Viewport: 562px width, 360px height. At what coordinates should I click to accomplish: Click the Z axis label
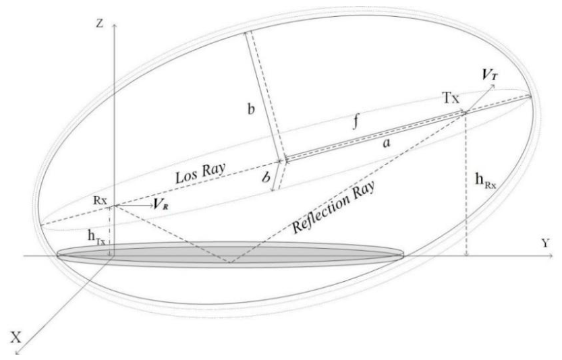coord(100,24)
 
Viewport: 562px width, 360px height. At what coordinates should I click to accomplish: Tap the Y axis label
coord(545,244)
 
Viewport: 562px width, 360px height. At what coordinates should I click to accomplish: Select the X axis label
coord(16,338)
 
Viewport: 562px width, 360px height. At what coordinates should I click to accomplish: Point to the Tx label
coord(451,98)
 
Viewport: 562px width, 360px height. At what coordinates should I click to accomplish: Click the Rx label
coord(100,200)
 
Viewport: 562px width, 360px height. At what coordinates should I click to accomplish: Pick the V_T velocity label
coord(490,75)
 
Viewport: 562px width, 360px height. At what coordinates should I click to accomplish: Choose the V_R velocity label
coord(160,204)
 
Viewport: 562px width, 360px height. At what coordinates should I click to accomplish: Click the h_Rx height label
coord(486,180)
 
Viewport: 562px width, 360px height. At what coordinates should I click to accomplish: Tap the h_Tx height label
coord(96,237)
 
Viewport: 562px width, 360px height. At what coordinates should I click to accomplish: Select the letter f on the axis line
coord(356,123)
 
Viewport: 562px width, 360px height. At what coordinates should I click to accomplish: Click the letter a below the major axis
coord(386,143)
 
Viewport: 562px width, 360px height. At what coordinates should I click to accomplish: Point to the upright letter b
coord(251,109)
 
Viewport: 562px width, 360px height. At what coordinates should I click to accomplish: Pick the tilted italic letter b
coord(266,177)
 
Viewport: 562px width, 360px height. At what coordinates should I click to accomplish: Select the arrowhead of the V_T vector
coord(493,86)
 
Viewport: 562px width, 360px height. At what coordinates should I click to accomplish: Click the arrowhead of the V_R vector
coord(151,206)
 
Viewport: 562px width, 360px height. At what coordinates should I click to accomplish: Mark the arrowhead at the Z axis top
coord(114,26)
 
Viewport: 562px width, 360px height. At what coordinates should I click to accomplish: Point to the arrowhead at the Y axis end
coord(550,256)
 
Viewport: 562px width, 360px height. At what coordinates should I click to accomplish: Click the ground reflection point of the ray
coord(230,263)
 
